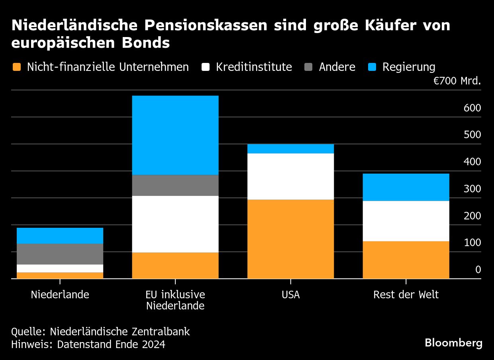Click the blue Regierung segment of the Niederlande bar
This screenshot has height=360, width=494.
coord(60,235)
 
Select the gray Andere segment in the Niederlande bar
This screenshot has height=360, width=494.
coord(60,254)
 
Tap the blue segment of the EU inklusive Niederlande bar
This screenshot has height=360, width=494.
coord(175,135)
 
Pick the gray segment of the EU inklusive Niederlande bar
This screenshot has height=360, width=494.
coord(175,185)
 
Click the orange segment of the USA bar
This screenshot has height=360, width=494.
coord(290,239)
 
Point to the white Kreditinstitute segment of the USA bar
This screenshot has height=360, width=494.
coord(290,176)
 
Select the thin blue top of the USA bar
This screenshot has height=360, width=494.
coord(290,149)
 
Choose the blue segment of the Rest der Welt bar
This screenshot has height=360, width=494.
coord(406,187)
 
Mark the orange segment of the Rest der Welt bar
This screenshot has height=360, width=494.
coord(406,260)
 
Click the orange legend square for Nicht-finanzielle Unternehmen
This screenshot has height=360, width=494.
coord(16,67)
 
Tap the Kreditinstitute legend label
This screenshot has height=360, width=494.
coord(254,67)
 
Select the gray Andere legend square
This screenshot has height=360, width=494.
coord(308,67)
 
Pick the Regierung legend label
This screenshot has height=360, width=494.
coord(409,67)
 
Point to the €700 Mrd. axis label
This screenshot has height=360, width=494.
coord(457,82)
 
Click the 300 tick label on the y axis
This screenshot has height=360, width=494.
coord(472,189)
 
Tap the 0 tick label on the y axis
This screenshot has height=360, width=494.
coord(478,270)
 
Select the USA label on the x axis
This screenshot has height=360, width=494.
coord(290,295)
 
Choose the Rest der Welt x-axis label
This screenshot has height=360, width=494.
coord(406,295)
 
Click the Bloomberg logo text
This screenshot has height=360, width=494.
coord(453,343)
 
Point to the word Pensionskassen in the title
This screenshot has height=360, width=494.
coord(206,25)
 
